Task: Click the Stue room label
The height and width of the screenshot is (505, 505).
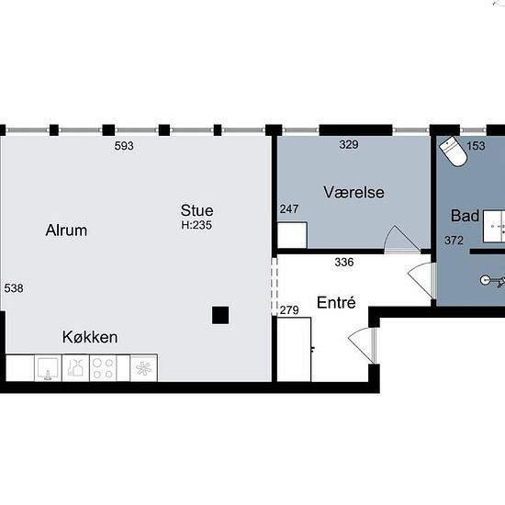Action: pos(196,210)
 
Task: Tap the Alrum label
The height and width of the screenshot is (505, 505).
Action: pos(66,230)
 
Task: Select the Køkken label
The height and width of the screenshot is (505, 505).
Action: pos(90,337)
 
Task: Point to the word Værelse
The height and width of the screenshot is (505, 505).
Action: pos(353,192)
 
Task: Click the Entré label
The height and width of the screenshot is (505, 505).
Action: pos(336,302)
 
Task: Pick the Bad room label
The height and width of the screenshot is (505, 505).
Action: pos(465,216)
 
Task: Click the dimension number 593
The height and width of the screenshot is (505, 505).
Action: pos(124,146)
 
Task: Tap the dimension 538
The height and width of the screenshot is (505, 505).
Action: pos(14,288)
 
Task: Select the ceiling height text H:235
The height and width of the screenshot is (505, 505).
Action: pos(196,225)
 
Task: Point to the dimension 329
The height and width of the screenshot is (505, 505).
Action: pos(349,144)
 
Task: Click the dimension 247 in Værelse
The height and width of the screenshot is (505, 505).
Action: pos(289,209)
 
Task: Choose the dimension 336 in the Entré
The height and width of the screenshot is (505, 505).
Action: pos(344,263)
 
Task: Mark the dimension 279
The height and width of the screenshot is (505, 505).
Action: pos(289,310)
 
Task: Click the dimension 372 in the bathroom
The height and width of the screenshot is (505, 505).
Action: pos(454,241)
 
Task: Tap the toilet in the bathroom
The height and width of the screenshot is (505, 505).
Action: pos(454,151)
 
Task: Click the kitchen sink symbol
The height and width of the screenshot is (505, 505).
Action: pos(48,368)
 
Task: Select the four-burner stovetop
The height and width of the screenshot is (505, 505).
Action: pos(103,368)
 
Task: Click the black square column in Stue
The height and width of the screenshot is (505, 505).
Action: pos(220,315)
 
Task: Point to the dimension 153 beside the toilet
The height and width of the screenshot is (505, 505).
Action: pos(476,146)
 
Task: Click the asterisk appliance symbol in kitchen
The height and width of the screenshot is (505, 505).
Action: pos(143,368)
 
